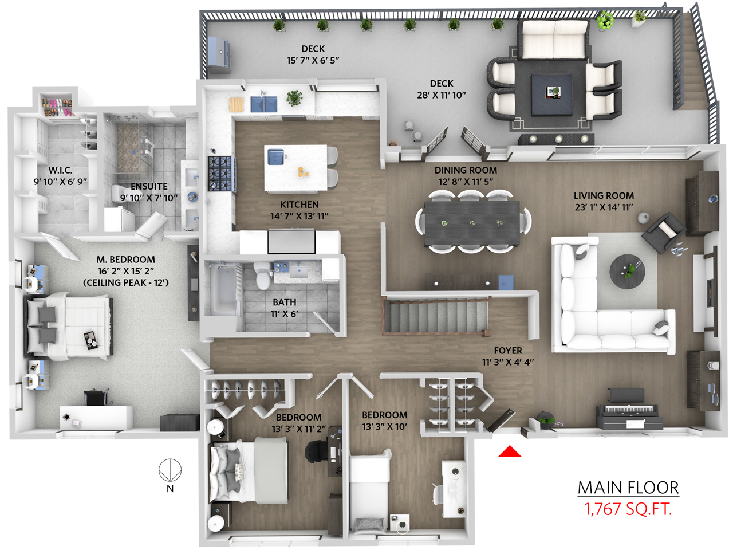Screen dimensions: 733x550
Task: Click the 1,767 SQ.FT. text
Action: (628, 509)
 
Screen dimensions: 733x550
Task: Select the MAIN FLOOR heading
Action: (628, 488)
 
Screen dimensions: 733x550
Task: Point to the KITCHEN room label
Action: (299, 205)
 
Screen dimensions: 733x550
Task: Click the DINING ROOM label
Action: (466, 170)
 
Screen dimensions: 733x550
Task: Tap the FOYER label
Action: (508, 351)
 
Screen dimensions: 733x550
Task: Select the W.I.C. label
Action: (60, 170)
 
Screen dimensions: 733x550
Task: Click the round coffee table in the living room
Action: (627, 271)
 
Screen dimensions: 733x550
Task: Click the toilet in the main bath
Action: (262, 276)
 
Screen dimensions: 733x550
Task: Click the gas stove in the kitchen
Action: (221, 174)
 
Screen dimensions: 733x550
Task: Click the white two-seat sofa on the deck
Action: (554, 40)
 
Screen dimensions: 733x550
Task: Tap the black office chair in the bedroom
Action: (317, 450)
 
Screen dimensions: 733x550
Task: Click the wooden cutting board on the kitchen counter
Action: (236, 105)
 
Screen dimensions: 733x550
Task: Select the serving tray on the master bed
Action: (90, 340)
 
